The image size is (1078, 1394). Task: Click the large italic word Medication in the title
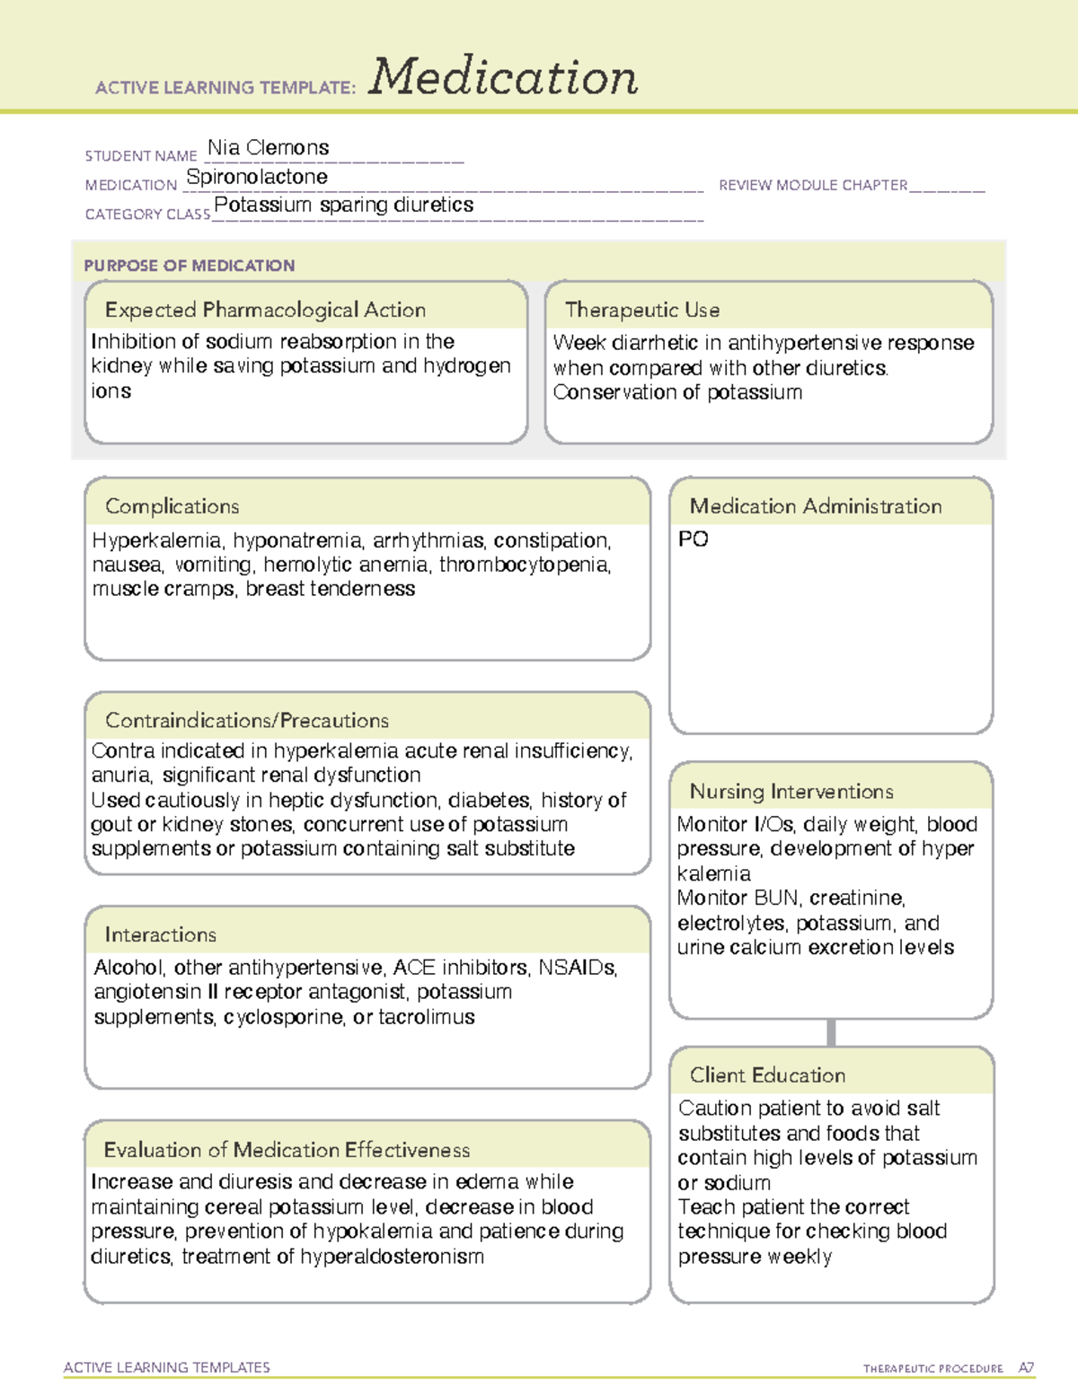click(x=502, y=77)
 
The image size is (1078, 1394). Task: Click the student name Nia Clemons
click(x=268, y=147)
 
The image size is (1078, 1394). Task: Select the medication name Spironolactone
click(x=257, y=177)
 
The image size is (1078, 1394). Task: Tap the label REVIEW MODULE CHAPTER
click(x=813, y=185)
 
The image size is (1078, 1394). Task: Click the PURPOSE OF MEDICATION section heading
click(x=189, y=266)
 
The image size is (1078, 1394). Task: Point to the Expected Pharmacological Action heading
click(x=265, y=310)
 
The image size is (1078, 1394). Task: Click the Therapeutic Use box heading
click(x=641, y=310)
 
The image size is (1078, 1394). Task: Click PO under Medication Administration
click(x=693, y=539)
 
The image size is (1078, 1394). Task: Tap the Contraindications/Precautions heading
click(x=246, y=720)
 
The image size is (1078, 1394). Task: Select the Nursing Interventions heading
click(x=791, y=791)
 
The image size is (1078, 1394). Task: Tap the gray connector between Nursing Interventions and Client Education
click(x=831, y=1032)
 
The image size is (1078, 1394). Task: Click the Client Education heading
click(x=767, y=1074)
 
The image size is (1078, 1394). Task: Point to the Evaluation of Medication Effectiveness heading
click(x=287, y=1150)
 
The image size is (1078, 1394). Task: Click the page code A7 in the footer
click(x=1025, y=1368)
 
